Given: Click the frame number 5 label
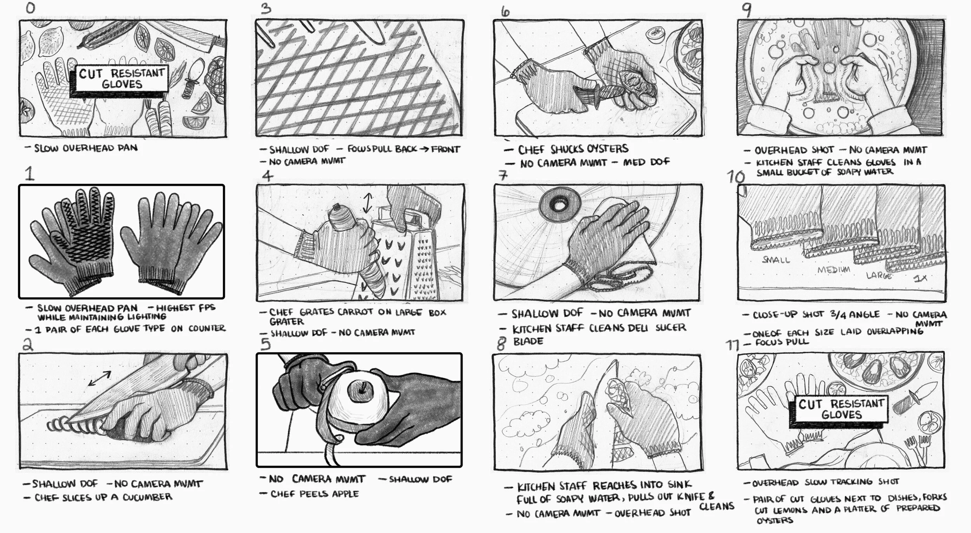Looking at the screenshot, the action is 266,344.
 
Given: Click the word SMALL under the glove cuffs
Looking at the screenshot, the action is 776,260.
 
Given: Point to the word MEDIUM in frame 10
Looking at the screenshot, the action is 834,270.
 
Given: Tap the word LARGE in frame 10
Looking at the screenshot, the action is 879,276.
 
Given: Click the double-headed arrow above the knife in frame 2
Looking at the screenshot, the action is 99,378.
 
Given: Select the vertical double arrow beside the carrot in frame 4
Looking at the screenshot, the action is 367,204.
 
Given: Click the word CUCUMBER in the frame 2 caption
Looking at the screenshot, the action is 147,497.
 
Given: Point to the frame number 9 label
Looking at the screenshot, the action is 746,10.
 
